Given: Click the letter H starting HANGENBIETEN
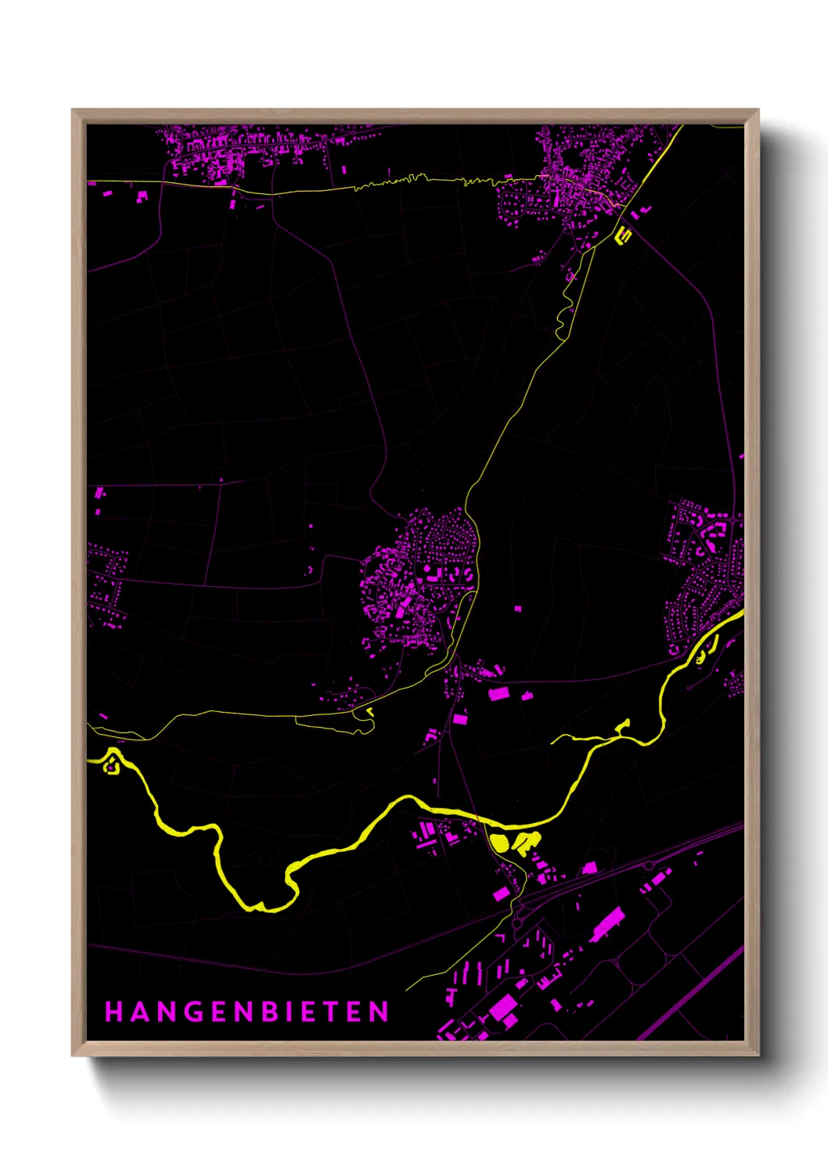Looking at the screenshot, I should (x=114, y=1012).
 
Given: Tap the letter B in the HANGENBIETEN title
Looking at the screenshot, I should (x=269, y=1012).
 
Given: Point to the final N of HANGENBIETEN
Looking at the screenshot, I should (x=380, y=1012).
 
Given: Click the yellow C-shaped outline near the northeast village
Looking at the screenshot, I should (x=624, y=233).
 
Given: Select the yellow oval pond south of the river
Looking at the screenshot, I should (x=499, y=843).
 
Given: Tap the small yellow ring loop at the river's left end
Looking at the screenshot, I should (x=111, y=763).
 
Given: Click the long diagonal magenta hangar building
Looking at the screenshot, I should (x=607, y=924).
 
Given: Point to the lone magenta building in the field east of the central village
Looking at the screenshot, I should (x=518, y=608).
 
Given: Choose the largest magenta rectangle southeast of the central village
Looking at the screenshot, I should (x=499, y=693).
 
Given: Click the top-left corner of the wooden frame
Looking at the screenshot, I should (x=74, y=111).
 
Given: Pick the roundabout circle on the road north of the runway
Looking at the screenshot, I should (x=649, y=865).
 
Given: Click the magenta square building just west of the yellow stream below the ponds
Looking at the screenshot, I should (x=501, y=894).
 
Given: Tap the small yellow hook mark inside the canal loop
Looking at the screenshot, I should (x=369, y=712).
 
